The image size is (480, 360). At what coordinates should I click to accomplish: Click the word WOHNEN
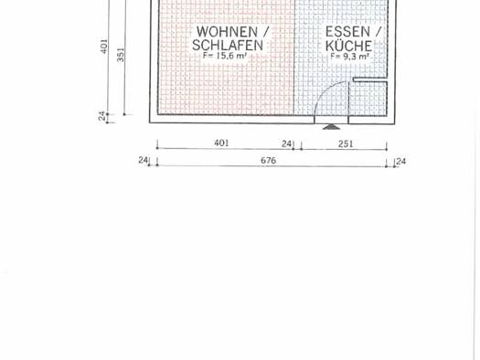[x=227, y=32]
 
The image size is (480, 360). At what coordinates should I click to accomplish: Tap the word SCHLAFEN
[x=228, y=46]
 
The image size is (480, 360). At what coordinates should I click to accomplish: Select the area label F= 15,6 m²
[x=224, y=56]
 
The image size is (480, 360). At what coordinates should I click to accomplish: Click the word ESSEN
[x=347, y=32]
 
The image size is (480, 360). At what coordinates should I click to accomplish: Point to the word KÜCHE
[x=348, y=46]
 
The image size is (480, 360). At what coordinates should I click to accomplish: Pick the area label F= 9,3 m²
[x=349, y=57]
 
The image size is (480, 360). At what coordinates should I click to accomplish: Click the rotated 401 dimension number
[x=104, y=46]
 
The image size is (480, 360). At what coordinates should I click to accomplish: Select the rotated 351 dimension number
[x=121, y=55]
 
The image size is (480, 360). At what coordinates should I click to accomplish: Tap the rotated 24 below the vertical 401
[x=102, y=116]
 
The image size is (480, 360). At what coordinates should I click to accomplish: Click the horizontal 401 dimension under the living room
[x=221, y=143]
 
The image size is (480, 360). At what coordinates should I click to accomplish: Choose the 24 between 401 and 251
[x=286, y=143]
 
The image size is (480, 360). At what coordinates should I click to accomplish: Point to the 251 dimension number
[x=346, y=143]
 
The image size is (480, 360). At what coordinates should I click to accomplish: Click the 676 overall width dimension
[x=268, y=160]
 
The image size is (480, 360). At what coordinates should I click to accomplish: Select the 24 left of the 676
[x=143, y=160]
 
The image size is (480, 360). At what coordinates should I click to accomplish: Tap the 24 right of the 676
[x=401, y=161]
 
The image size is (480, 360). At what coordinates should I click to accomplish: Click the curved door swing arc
[x=325, y=90]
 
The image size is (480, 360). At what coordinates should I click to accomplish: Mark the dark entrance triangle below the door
[x=331, y=127]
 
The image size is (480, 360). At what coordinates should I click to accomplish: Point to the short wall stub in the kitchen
[x=370, y=79]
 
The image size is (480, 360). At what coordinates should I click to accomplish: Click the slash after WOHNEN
[x=266, y=32]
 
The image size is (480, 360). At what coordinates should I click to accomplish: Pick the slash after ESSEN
[x=379, y=32]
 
